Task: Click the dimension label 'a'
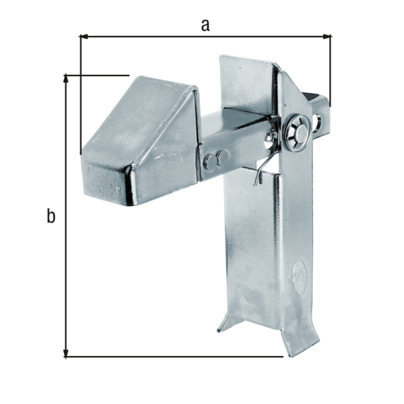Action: pos(205,25)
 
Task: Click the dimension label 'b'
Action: pos(50,217)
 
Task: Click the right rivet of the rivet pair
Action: pos(220,160)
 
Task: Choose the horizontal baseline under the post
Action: pos(175,356)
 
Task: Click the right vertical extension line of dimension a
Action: pos(331,67)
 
